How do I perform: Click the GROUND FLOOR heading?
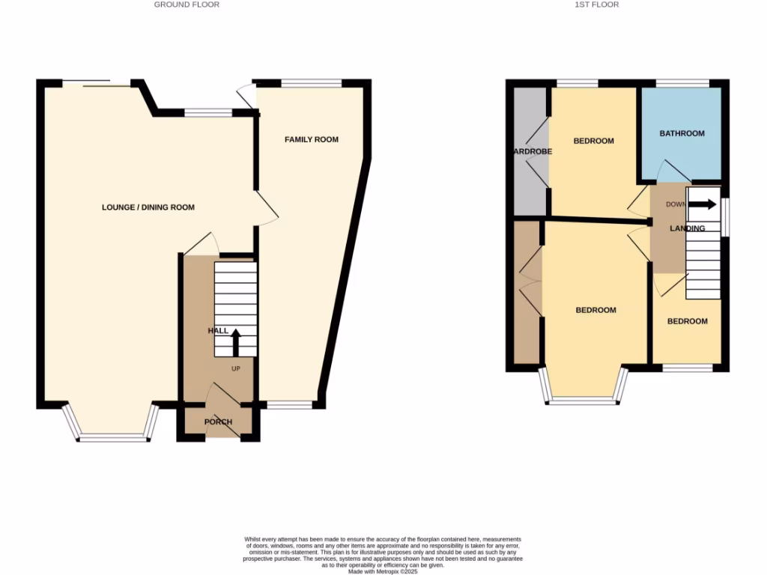click(187, 4)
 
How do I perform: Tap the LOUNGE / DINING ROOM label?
click(148, 207)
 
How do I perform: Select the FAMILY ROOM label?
click(312, 139)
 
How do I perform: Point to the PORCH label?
click(219, 422)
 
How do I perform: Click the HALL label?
click(218, 331)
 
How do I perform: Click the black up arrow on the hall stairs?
click(235, 342)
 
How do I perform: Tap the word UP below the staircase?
click(235, 368)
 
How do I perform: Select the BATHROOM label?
click(682, 134)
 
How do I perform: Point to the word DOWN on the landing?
click(675, 204)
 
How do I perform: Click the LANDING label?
click(688, 228)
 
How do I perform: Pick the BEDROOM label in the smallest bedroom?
click(687, 321)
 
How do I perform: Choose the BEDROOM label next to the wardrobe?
click(593, 141)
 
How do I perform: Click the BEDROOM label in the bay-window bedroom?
click(595, 310)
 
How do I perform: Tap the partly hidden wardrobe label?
click(532, 151)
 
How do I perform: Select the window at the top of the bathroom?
click(682, 82)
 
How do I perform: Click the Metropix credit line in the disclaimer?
click(383, 571)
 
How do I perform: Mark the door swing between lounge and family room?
click(267, 205)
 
